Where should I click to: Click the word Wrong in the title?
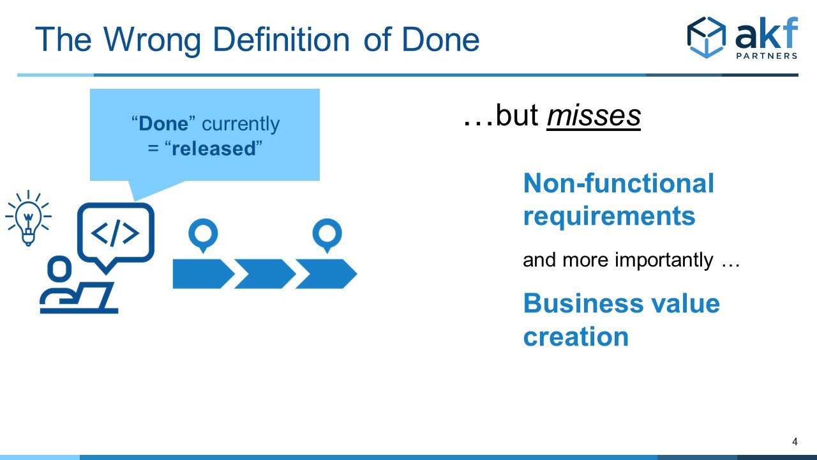(152, 41)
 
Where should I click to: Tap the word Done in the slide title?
(440, 39)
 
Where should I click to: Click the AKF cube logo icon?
(707, 37)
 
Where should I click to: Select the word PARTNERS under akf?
(767, 56)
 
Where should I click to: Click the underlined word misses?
(594, 116)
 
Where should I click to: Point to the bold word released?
(214, 149)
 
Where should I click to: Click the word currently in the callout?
(241, 125)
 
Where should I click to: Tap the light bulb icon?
(29, 218)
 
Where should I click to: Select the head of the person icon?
(59, 269)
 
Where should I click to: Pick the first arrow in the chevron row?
(203, 274)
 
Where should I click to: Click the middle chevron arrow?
(265, 274)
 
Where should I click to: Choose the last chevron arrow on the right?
(326, 274)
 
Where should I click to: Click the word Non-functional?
(618, 183)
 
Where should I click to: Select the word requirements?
(609, 217)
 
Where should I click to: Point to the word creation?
(576, 337)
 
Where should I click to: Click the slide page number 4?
(795, 441)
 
